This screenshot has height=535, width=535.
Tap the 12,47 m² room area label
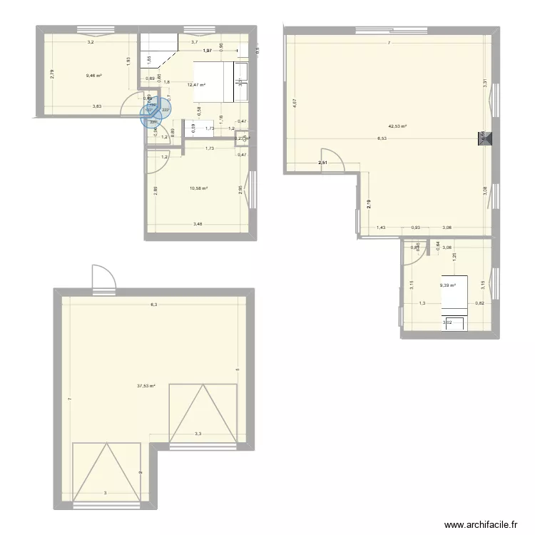pos(196,85)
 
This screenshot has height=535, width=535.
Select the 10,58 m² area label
pos(198,188)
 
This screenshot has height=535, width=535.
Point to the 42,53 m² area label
pos(397,126)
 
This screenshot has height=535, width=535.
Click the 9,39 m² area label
pos(448,285)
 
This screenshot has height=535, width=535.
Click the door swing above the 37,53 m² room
pos(103,277)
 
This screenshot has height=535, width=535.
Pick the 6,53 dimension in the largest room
pos(382,139)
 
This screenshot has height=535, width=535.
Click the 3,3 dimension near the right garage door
pos(198,434)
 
